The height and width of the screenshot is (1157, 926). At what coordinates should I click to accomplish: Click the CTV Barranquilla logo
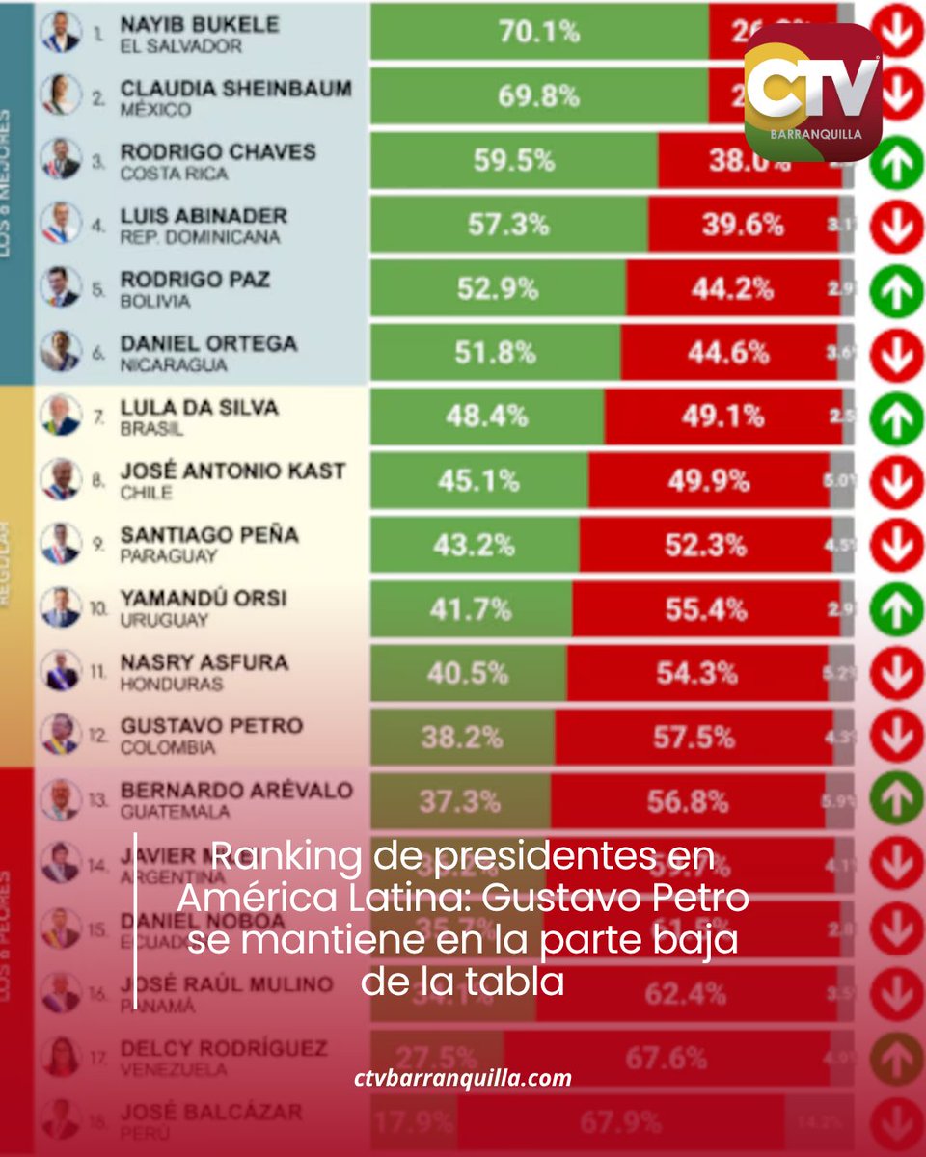812,91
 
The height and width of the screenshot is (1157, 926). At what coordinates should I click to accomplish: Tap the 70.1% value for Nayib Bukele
539,33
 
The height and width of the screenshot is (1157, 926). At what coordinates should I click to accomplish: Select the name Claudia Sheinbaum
235,89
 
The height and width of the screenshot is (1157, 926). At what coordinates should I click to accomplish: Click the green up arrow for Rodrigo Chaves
897,162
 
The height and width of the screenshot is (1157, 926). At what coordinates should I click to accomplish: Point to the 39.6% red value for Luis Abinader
742,225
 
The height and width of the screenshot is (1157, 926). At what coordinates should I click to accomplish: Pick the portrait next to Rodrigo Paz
60,287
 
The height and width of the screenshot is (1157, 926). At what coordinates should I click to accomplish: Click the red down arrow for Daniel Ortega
897,354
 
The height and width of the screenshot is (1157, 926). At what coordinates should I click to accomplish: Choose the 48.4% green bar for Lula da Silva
487,417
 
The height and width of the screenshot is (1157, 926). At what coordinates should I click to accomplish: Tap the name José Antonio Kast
232,471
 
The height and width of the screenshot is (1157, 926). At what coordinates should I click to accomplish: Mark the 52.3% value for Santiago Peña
705,545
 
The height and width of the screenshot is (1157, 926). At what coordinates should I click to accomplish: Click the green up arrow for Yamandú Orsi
897,609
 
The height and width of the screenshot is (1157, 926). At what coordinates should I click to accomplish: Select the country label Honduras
172,684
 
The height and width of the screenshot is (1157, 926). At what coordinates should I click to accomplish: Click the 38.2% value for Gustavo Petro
461,738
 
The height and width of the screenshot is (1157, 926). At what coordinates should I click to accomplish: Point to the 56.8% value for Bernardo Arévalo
688,801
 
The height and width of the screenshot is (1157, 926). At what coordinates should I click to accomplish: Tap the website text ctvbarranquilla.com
463,1078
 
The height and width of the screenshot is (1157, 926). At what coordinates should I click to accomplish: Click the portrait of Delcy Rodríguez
60,1056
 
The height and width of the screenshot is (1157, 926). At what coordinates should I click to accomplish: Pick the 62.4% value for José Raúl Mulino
686,992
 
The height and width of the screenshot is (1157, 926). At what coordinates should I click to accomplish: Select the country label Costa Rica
174,174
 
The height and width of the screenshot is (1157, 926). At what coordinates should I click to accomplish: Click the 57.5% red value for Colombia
694,738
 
